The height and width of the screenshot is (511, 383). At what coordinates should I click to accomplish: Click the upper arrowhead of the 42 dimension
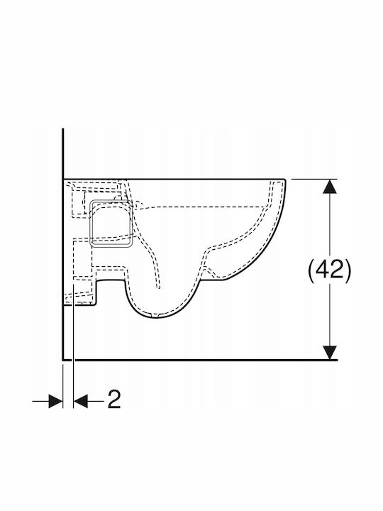pos(331,186)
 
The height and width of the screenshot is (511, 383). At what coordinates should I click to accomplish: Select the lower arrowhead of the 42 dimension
pos(331,353)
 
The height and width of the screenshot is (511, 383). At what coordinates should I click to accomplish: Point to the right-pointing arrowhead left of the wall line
pos(55,401)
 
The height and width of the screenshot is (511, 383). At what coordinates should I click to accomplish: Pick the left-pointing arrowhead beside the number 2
pos(81,401)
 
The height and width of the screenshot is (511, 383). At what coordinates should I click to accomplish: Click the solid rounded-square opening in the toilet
pos(111,223)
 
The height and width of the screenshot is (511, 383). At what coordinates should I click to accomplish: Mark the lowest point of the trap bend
pos(156,318)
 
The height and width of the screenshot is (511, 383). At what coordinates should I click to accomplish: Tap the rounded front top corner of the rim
pos(284,180)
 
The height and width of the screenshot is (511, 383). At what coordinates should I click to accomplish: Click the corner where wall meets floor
pos(63,360)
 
